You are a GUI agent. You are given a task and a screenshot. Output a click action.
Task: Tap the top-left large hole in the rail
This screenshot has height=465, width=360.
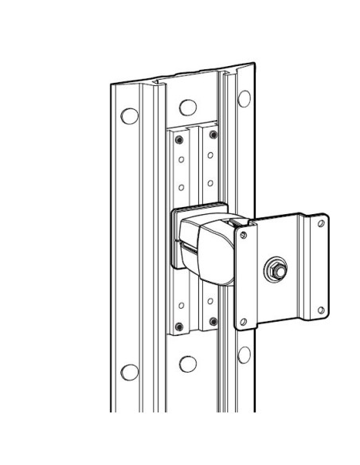[x=126, y=114]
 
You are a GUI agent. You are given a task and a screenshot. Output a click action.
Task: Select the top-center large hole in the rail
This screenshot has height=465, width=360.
[x=187, y=107]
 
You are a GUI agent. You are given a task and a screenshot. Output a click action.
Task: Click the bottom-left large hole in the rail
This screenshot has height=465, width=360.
[x=126, y=371]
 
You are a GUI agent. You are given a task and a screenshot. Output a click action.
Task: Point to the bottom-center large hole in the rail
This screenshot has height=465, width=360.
[x=187, y=364]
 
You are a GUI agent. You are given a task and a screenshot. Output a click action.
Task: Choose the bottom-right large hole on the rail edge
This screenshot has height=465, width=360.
[x=245, y=355]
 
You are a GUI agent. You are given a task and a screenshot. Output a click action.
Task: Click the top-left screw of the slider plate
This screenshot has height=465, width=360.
[x=179, y=139]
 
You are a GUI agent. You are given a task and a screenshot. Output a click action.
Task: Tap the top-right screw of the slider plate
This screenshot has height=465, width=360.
[x=213, y=135]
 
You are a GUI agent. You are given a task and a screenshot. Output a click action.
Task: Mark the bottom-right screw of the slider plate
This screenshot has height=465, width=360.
[x=213, y=321]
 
